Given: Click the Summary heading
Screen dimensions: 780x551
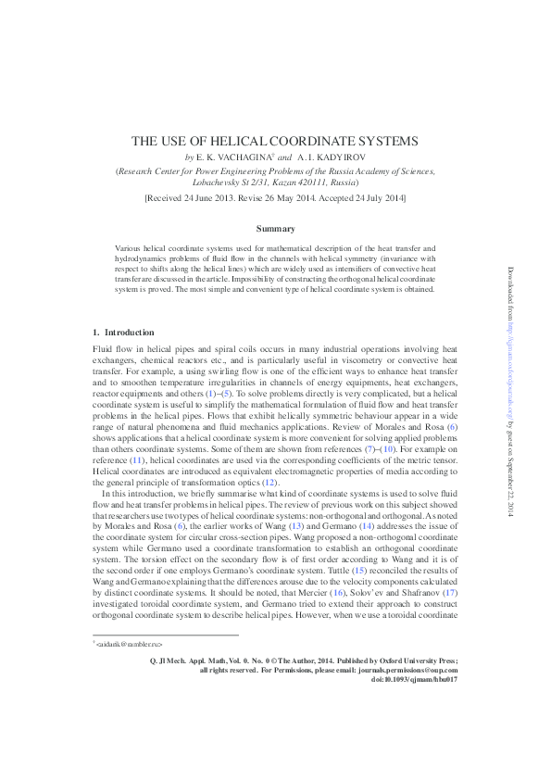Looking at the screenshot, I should pos(275,228).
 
